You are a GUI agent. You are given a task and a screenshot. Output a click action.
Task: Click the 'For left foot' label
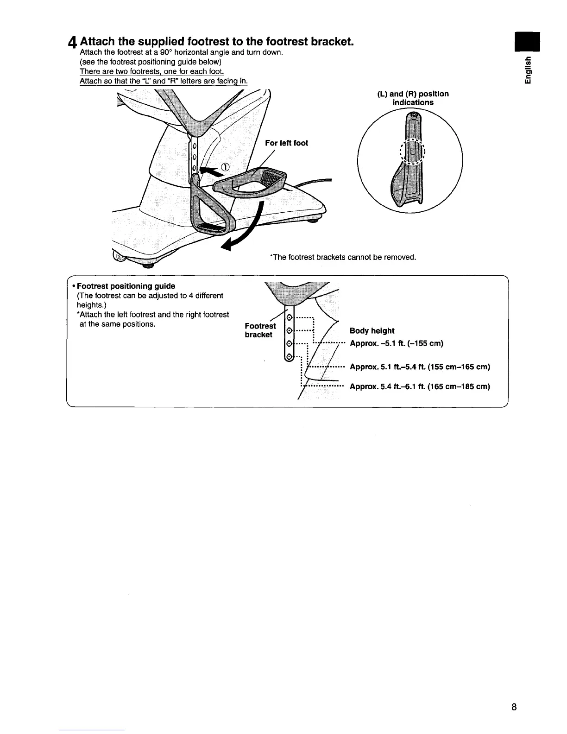[x=286, y=143]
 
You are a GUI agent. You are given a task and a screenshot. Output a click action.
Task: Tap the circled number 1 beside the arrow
[x=226, y=168]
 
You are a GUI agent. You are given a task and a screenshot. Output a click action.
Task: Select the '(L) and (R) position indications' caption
[x=413, y=98]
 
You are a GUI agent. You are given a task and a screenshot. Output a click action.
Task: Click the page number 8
[x=514, y=707]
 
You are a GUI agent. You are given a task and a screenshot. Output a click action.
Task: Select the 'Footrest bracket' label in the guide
[x=260, y=330]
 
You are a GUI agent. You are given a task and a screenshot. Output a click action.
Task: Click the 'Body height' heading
[x=372, y=331]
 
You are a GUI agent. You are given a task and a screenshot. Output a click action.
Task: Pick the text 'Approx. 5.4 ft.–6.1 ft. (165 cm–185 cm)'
[x=420, y=386]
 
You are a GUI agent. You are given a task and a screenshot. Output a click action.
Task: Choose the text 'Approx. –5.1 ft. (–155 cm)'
[x=397, y=343]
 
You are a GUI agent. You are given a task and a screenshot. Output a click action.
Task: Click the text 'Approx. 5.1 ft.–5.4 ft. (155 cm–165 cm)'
[x=420, y=367]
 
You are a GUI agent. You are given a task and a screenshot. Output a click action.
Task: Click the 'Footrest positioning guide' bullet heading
[x=126, y=286]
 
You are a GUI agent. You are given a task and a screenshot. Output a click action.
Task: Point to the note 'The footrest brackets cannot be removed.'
[x=343, y=257]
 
